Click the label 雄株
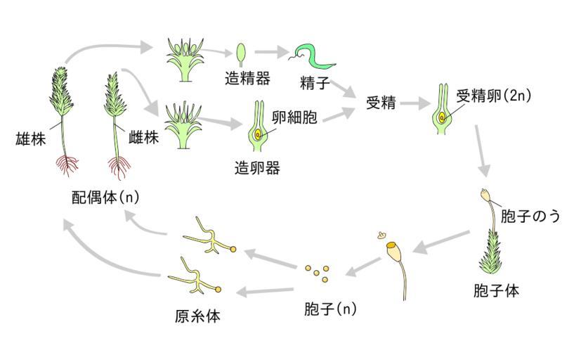point(30,139)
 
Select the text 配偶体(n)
point(105,197)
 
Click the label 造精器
point(247,79)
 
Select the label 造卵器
point(257,168)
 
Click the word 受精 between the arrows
point(381,103)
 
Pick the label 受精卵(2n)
point(493,96)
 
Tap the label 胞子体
point(497,290)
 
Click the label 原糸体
point(197,316)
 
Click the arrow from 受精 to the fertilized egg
point(416,103)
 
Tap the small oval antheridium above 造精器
point(241,52)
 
